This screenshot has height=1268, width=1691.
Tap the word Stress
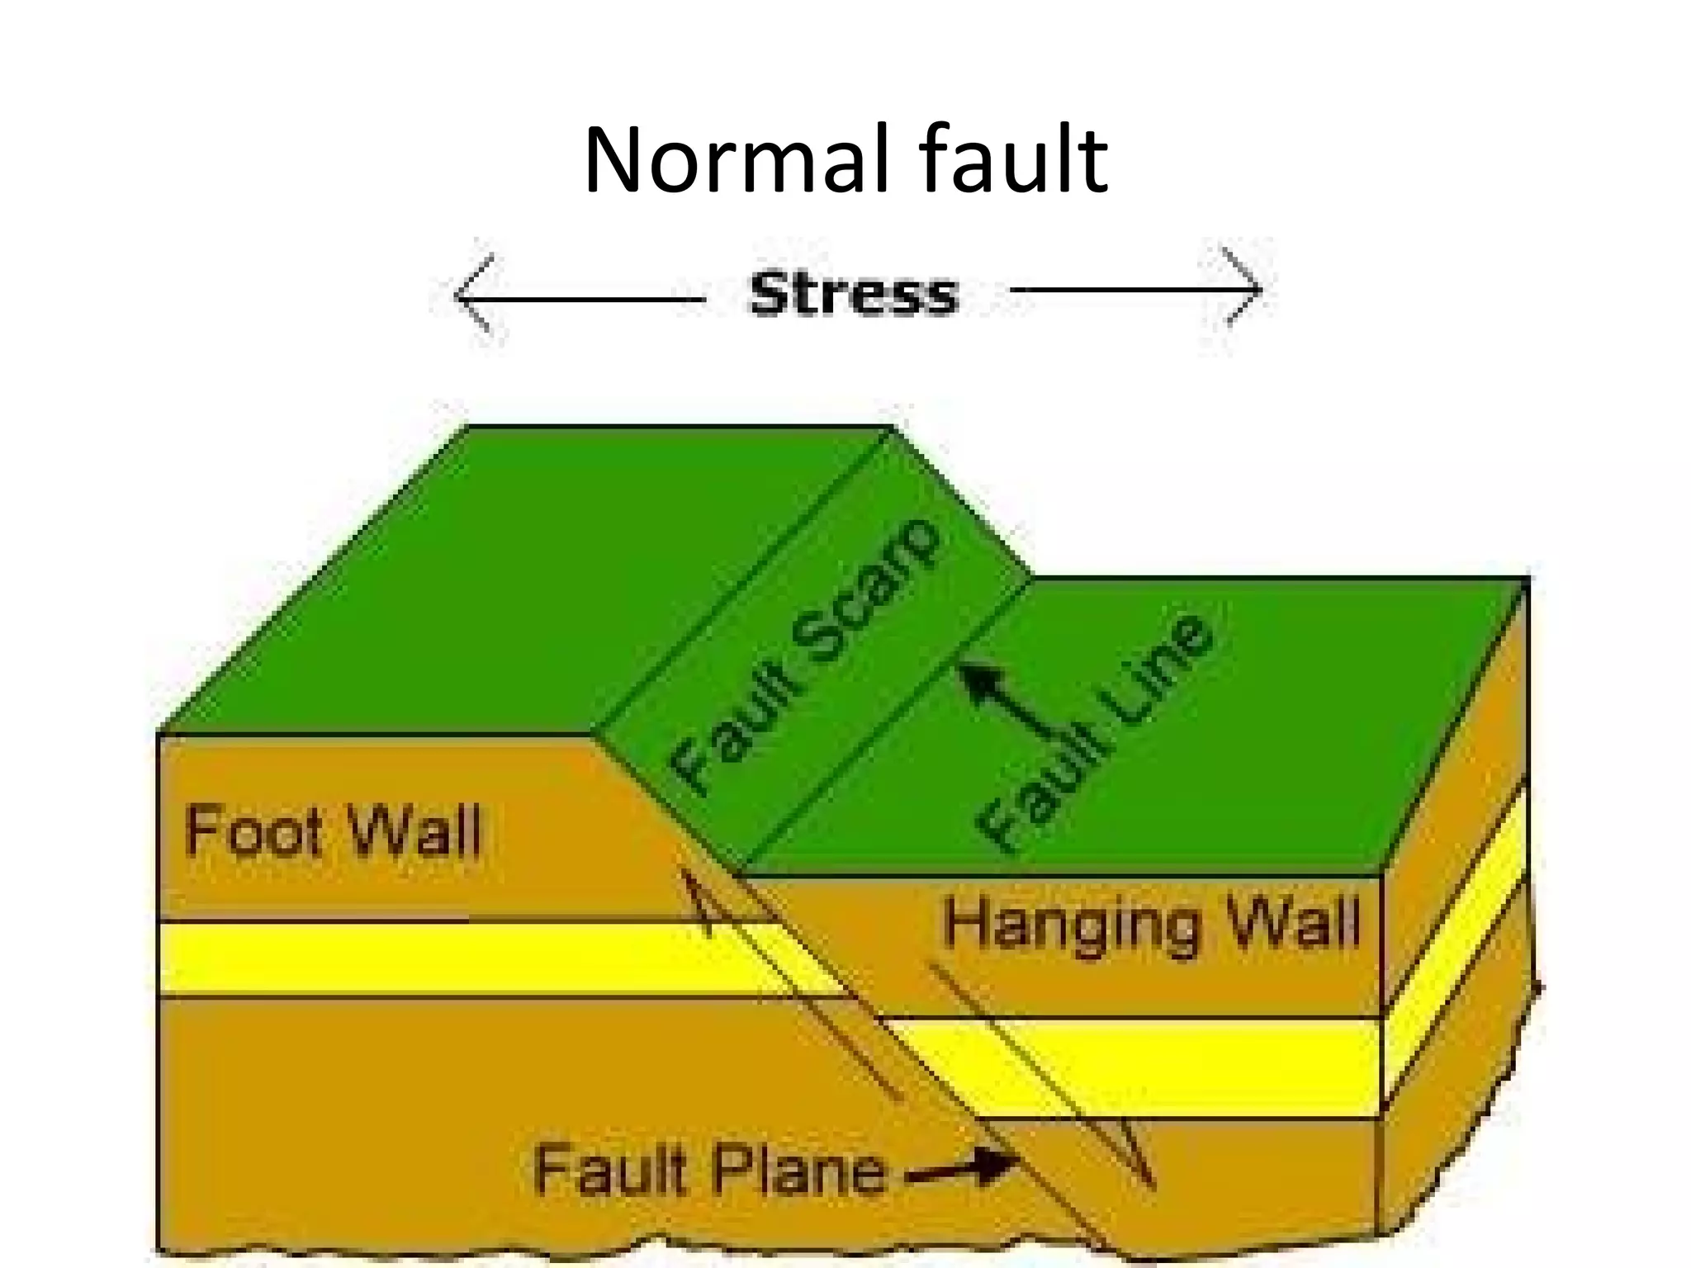(x=853, y=294)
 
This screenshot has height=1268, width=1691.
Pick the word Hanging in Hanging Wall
(x=1069, y=925)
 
